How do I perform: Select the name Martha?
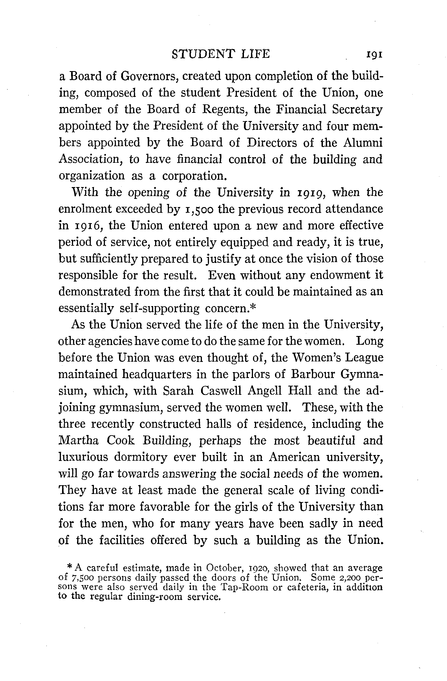[79, 440]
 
